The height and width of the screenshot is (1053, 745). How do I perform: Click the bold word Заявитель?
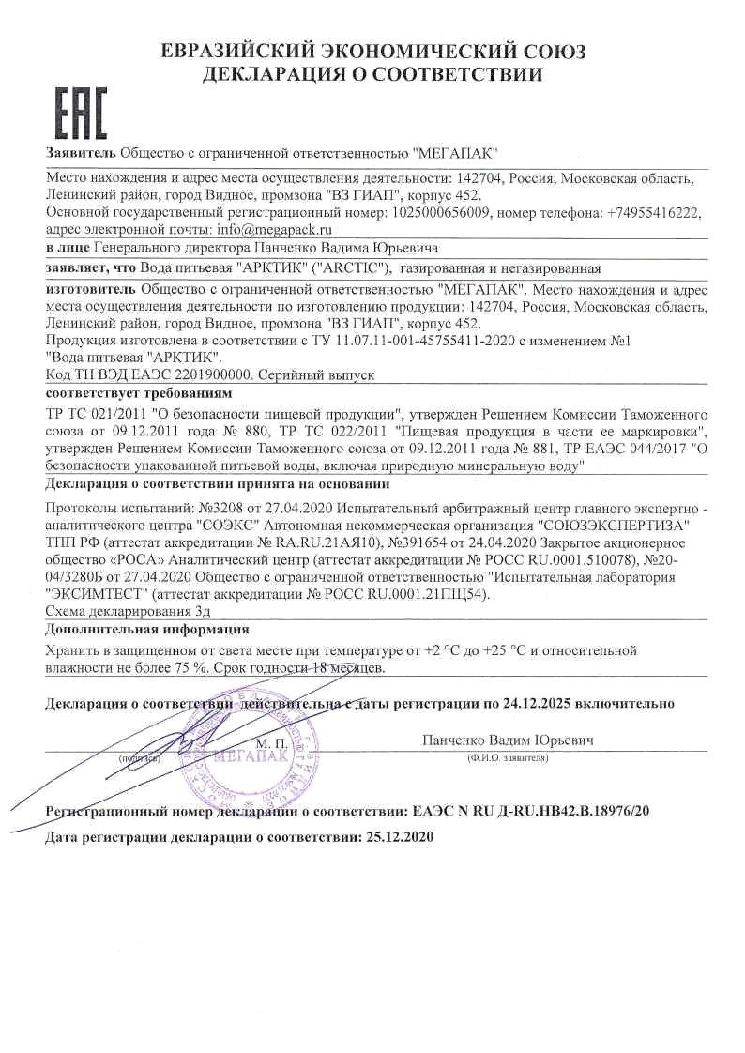(82, 153)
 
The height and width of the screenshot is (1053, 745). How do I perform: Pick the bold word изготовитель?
(90, 289)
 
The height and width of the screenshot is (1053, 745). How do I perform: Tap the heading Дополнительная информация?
(147, 629)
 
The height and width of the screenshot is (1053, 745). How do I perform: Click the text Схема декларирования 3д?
(121, 610)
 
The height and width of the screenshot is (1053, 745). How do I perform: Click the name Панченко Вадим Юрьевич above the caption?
(509, 740)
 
